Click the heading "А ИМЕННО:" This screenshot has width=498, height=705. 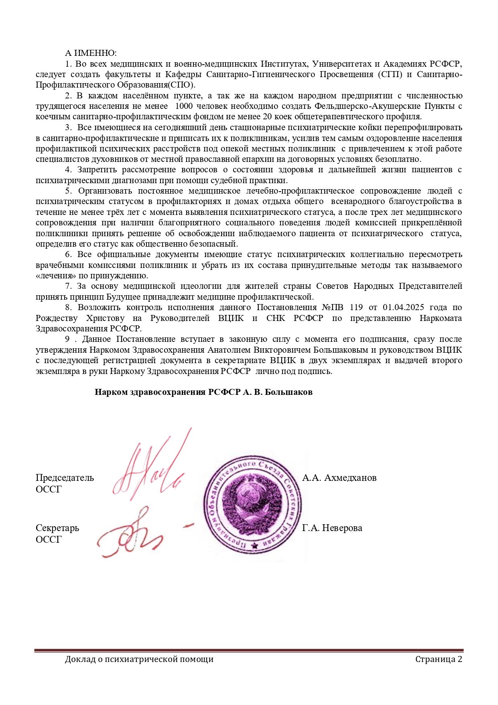[91, 53]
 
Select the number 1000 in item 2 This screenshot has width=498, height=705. [184, 106]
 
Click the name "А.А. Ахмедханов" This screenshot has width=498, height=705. [339, 478]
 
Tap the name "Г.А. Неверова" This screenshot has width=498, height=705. [332, 528]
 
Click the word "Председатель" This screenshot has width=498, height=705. [65, 478]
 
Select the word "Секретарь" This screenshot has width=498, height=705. [57, 528]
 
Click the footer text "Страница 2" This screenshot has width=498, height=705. [439, 659]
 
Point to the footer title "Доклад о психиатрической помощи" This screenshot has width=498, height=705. [139, 659]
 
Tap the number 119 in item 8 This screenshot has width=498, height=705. [356, 307]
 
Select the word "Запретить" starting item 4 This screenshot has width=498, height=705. [97, 170]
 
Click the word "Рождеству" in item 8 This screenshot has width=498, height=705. [57, 318]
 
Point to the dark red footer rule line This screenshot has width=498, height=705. [249, 650]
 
